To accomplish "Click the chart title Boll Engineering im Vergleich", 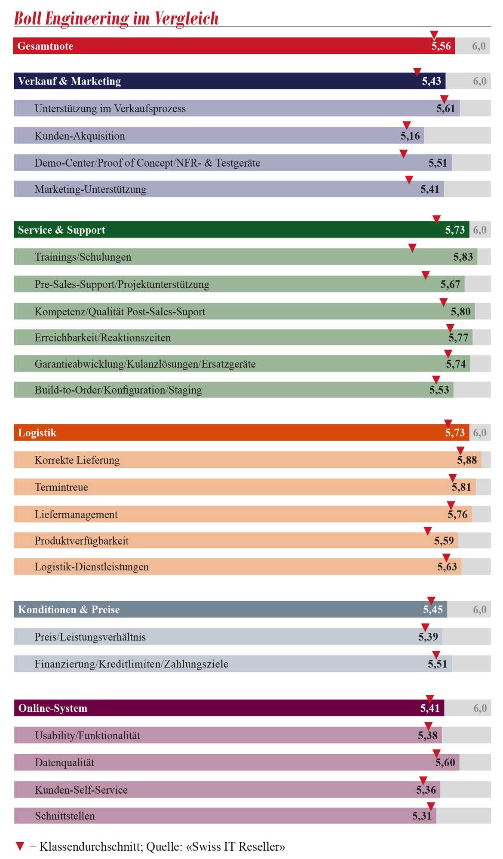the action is [x=117, y=19].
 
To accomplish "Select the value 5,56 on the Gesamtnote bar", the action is [x=441, y=46].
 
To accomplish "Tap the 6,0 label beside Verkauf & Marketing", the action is [x=480, y=81].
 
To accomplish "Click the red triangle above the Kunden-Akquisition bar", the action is [x=406, y=125].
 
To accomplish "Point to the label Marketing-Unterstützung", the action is [x=90, y=189].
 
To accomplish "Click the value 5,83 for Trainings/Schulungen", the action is [x=463, y=257].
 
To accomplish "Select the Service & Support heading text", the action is [x=61, y=230].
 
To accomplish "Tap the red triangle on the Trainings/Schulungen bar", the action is [x=412, y=248].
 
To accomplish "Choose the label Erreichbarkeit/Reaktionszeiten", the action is [x=103, y=338].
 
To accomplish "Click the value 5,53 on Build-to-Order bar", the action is [x=439, y=390].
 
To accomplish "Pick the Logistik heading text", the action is [x=37, y=433].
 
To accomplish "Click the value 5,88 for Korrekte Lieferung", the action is [x=467, y=460].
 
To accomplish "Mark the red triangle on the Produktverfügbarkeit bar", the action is [x=428, y=531].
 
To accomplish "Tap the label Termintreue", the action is [x=61, y=487].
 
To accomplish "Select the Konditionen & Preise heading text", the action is [x=69, y=610].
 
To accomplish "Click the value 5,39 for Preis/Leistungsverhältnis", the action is [x=428, y=637].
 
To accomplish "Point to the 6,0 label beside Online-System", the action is [x=480, y=708].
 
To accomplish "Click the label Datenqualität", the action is [x=64, y=763].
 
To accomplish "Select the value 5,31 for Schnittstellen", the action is [x=422, y=816].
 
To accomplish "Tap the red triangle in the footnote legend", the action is [x=20, y=847].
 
